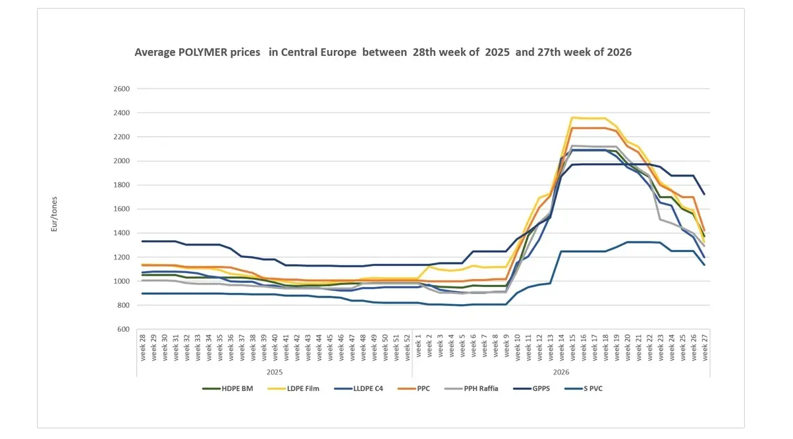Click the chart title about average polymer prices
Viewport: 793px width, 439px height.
[x=383, y=53]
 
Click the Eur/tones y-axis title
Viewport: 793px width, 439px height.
[x=54, y=214]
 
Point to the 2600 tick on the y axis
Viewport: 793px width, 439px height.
[x=121, y=89]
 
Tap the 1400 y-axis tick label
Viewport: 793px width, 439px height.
[x=121, y=233]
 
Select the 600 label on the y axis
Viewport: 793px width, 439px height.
[x=124, y=329]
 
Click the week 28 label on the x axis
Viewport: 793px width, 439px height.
[x=143, y=348]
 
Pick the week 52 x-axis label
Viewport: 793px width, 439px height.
[x=408, y=348]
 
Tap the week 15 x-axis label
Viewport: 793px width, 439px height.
[x=572, y=348]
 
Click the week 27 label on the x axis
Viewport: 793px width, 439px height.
[x=705, y=348]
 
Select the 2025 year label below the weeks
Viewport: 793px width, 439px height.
[x=275, y=372]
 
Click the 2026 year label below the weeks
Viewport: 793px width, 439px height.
[x=561, y=372]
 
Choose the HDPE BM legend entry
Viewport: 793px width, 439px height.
[x=228, y=389]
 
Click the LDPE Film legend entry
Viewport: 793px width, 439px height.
[x=294, y=389]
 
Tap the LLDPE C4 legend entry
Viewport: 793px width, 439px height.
[x=358, y=389]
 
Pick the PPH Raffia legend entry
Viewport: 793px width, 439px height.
[x=471, y=389]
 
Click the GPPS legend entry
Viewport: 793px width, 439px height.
[x=532, y=389]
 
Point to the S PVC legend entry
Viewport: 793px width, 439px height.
[x=584, y=389]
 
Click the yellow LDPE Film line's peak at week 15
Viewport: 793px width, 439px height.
[x=572, y=117]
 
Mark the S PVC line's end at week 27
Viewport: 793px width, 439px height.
[x=705, y=265]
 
